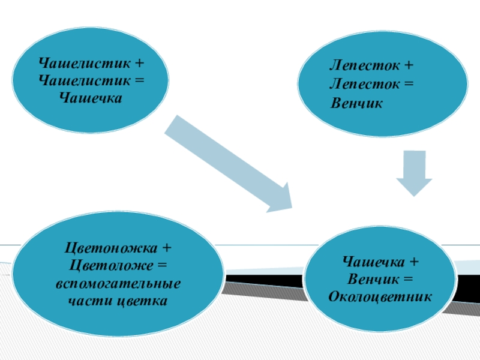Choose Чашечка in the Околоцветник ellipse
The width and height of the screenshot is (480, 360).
tap(372, 262)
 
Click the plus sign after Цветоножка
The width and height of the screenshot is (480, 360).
tap(166, 247)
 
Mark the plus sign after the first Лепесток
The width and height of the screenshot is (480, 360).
tap(409, 64)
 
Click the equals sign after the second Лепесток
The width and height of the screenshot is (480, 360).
tap(409, 84)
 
